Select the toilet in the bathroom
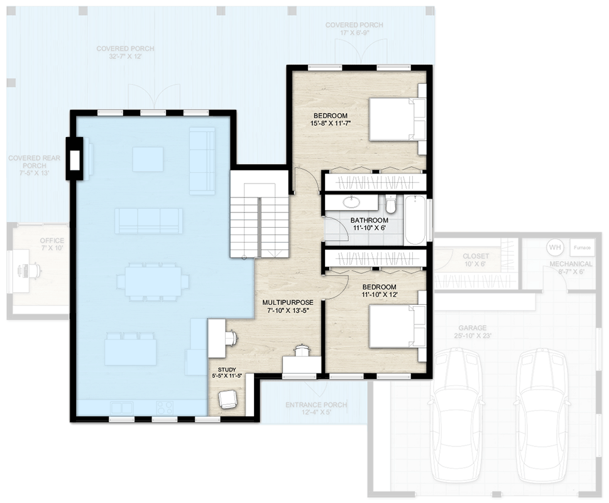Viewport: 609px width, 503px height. click(390, 204)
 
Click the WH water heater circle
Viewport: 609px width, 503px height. click(554, 247)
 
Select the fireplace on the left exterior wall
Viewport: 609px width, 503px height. click(75, 159)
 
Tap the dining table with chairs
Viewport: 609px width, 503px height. click(152, 281)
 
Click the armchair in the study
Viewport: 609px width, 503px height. click(227, 399)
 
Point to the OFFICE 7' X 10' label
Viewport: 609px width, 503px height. click(52, 245)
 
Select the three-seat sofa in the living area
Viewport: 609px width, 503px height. click(149, 221)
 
